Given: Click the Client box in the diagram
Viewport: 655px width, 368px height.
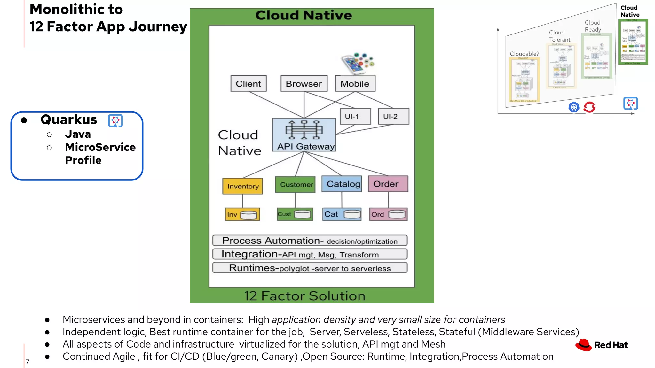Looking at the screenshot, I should tap(249, 84).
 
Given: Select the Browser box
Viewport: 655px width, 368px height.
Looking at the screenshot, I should tap(304, 84).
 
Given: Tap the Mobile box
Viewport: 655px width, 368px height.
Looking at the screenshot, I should tap(355, 84).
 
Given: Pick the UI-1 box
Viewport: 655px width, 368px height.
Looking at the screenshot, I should tap(355, 116).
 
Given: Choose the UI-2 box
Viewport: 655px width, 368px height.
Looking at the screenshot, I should tap(393, 116).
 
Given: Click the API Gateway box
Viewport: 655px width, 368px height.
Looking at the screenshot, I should tap(304, 134).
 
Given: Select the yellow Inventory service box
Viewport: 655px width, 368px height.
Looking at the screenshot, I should tap(243, 186).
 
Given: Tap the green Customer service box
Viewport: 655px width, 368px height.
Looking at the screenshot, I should tap(295, 184).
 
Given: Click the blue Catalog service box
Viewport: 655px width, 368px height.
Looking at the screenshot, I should tap(342, 184).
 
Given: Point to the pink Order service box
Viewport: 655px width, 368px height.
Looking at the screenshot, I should tap(388, 184).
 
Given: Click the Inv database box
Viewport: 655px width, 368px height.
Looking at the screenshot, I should tap(242, 214).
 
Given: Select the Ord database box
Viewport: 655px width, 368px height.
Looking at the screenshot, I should tap(388, 214).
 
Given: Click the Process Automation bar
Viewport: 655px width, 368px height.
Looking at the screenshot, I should tap(310, 241).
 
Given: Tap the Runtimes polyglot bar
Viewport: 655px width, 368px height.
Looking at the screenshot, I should tap(310, 268).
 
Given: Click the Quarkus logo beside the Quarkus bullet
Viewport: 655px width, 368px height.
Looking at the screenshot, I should tap(115, 121).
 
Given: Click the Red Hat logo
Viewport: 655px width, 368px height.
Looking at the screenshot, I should tap(601, 345).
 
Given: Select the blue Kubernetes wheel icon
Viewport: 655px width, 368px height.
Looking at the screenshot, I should tap(574, 107).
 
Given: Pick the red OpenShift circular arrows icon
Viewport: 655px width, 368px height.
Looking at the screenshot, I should tap(589, 107).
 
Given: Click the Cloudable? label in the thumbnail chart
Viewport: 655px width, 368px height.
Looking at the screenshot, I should tap(524, 54).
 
